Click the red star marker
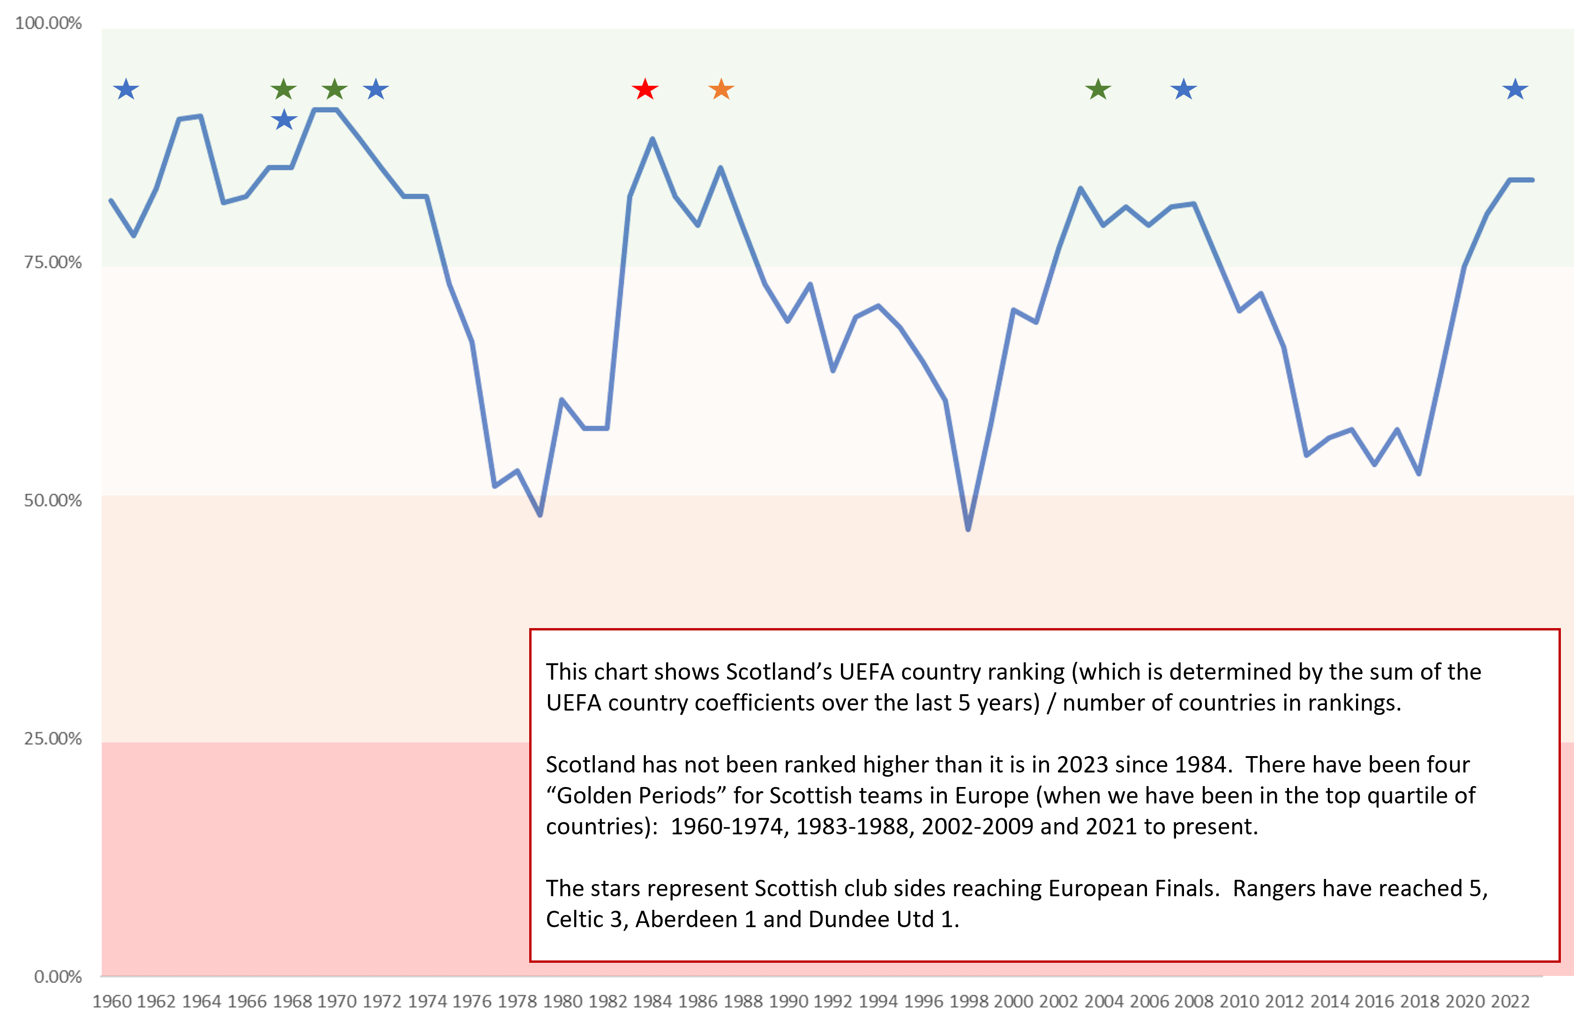pyautogui.click(x=645, y=89)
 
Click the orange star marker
pyautogui.click(x=721, y=89)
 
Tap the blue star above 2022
pyautogui.click(x=1515, y=89)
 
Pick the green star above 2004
pyautogui.click(x=1098, y=89)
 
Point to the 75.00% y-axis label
pyautogui.click(x=53, y=262)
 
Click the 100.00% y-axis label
pyautogui.click(x=48, y=23)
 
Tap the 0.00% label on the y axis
pyautogui.click(x=58, y=977)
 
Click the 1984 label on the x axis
pyautogui.click(x=652, y=1001)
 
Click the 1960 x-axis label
pyautogui.click(x=112, y=1001)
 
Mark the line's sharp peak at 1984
pyautogui.click(x=652, y=139)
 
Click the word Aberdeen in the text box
pyautogui.click(x=686, y=919)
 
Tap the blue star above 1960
pyautogui.click(x=126, y=89)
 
